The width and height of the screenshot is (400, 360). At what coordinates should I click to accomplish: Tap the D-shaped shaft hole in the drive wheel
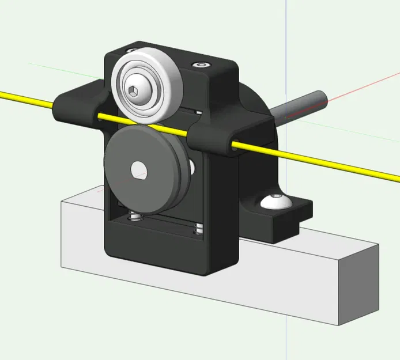[x=139, y=169]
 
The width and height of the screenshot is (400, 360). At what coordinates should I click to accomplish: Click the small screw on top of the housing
[x=201, y=65]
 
